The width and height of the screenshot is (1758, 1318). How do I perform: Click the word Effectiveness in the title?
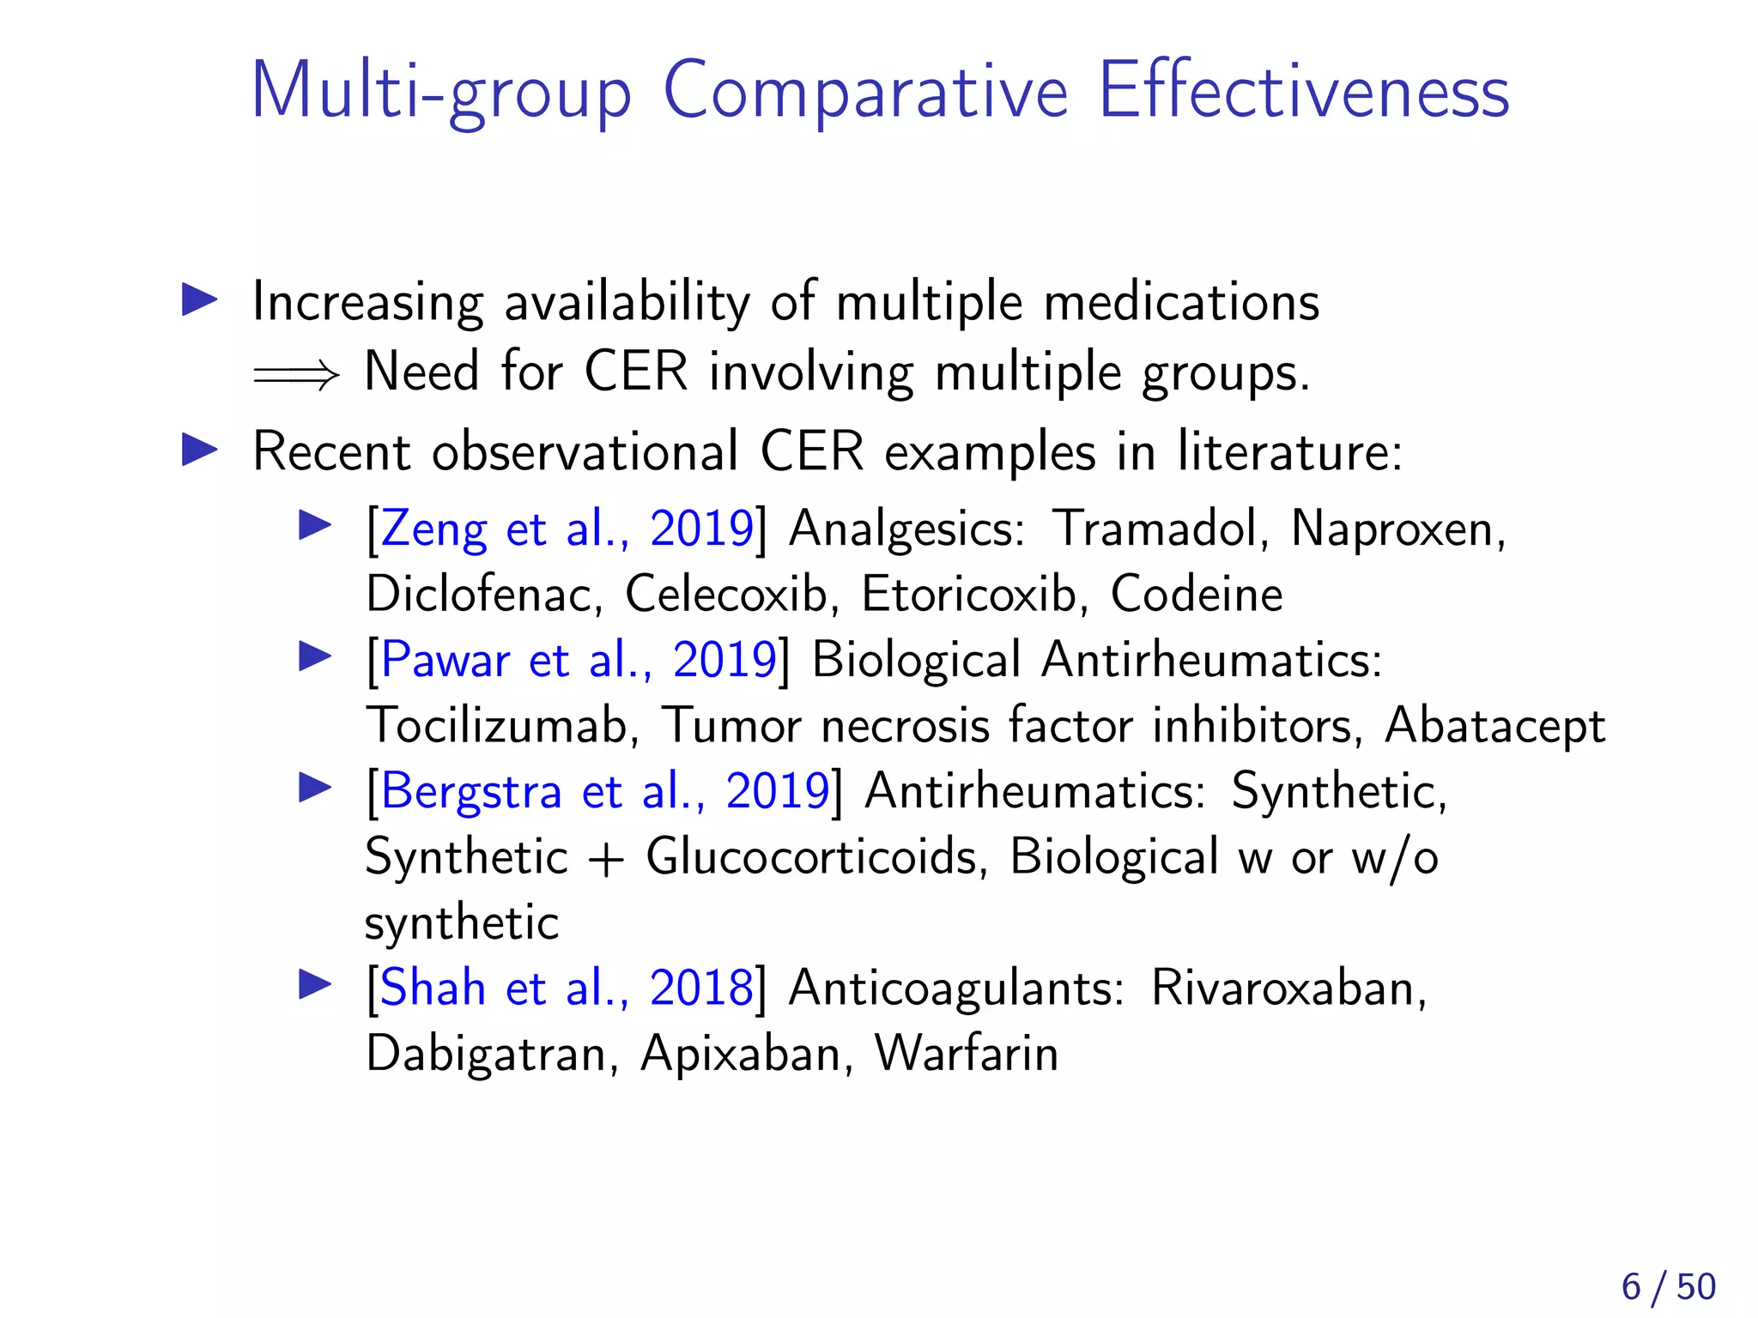point(1303,91)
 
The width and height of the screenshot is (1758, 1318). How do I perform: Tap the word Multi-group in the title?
point(440,93)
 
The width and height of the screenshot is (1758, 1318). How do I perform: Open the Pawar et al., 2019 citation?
point(578,660)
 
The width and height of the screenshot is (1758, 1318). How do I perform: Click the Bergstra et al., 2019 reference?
point(604,791)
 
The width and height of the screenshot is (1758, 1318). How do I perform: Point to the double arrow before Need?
point(296,374)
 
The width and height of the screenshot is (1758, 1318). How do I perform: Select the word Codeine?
point(1197,594)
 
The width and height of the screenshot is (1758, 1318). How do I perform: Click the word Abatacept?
point(1494,726)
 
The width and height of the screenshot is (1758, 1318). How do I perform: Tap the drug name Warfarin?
point(967,1054)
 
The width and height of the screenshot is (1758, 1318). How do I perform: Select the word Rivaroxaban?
point(1288,988)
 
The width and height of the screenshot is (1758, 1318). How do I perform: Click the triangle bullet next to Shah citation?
point(315,984)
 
